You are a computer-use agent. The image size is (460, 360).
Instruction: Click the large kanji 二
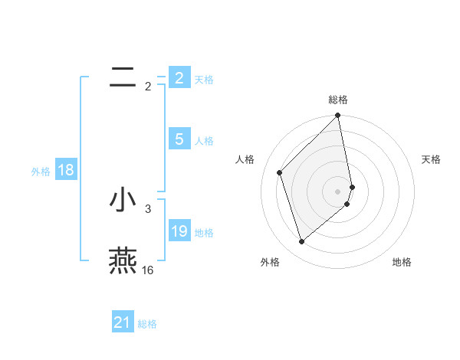123,77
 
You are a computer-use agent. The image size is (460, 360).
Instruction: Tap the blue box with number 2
179,77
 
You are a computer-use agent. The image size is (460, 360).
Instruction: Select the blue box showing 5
179,139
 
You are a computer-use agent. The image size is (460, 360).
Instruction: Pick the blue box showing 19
179,231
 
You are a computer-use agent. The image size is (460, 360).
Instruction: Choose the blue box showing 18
65,170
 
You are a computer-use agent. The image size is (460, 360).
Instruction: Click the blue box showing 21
122,322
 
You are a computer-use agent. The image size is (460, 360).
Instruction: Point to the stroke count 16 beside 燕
147,270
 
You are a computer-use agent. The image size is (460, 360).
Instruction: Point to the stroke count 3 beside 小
148,208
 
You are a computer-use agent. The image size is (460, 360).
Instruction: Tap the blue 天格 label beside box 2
204,79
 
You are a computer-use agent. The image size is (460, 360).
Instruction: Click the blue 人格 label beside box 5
204,140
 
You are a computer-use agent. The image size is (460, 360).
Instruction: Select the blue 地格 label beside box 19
204,232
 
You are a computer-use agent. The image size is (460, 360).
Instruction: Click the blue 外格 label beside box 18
41,172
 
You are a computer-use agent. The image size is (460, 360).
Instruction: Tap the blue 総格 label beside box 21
147,324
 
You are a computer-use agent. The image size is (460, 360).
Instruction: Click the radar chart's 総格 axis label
338,100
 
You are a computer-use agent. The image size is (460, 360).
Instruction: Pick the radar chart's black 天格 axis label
431,159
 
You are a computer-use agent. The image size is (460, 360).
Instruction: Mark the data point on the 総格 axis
338,116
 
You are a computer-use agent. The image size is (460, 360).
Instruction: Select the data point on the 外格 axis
302,241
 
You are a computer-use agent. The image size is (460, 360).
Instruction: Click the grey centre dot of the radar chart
338,191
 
